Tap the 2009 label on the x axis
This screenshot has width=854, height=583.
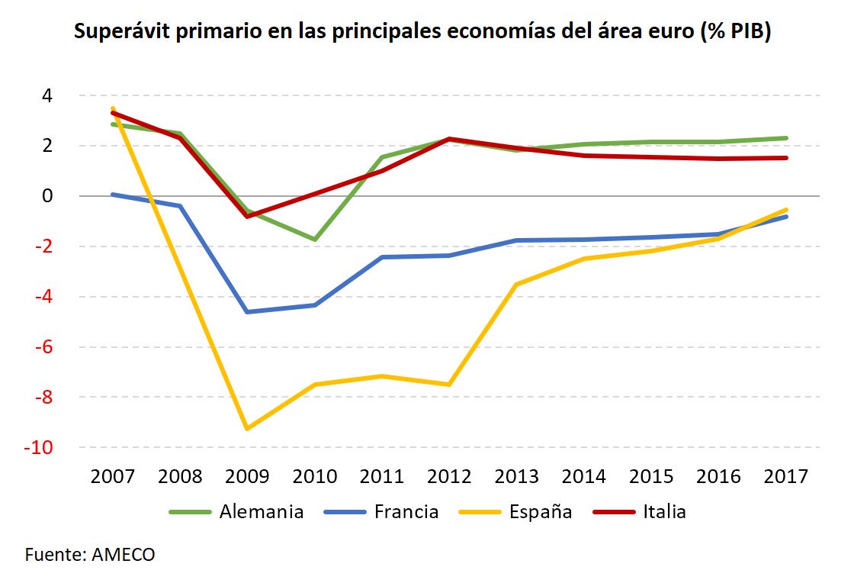tap(247, 476)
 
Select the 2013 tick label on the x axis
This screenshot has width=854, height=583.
tap(517, 476)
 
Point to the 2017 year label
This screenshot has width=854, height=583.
tap(786, 476)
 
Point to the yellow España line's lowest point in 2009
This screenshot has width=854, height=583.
tap(247, 429)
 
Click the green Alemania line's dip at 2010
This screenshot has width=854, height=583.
tap(315, 240)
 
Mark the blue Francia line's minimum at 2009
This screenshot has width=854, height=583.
tap(247, 311)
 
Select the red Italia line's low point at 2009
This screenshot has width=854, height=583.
tap(247, 216)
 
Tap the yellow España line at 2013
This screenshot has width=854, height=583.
tap(517, 285)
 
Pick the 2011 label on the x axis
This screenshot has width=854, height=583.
tap(382, 476)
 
